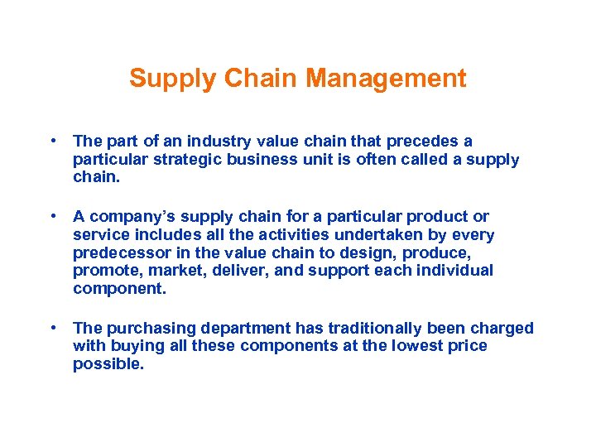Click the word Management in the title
pyautogui.click(x=386, y=79)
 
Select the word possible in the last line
pyautogui.click(x=108, y=364)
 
